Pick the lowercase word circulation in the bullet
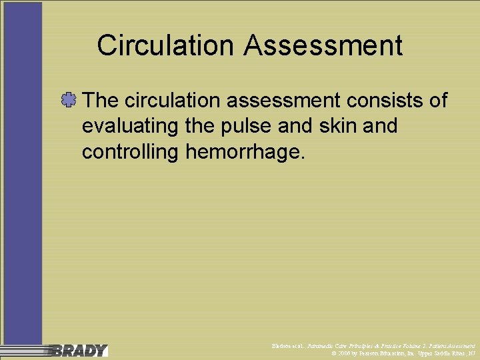pyautogui.click(x=171, y=101)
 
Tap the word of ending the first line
pyautogui.click(x=437, y=101)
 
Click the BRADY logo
pyautogui.click(x=79, y=350)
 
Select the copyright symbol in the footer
pyautogui.click(x=334, y=353)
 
